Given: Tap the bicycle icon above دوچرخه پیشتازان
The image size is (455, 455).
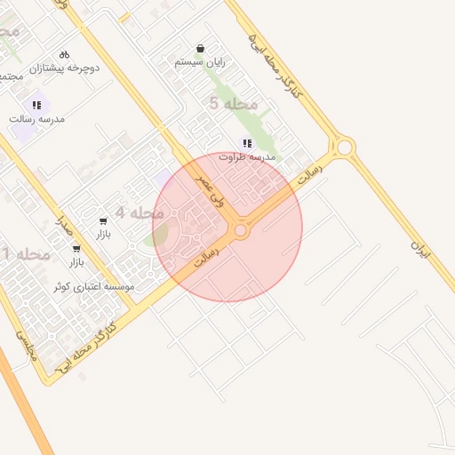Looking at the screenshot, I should [63, 54].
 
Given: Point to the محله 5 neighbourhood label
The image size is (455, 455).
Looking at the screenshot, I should [233, 104].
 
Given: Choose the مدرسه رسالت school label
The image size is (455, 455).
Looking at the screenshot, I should [37, 117].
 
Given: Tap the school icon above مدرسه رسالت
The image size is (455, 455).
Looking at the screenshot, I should [36, 105].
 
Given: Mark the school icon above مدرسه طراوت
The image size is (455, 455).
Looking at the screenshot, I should [247, 143].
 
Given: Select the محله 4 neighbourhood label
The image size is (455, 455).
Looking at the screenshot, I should [140, 213].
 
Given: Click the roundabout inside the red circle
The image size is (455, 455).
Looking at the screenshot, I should [240, 231].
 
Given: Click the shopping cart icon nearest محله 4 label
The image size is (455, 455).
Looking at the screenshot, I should [103, 220].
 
